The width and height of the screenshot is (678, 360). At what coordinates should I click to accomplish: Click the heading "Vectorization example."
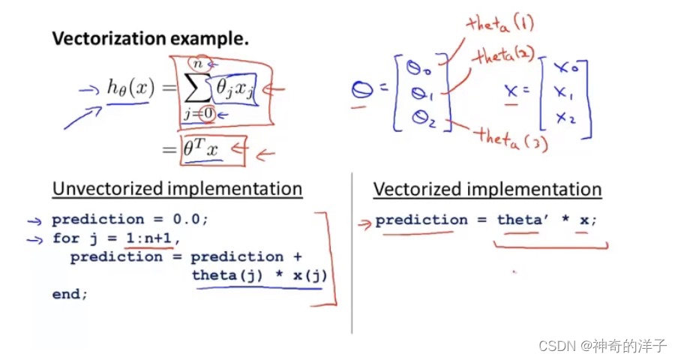(149, 39)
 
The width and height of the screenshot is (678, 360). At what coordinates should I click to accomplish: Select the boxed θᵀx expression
(202, 150)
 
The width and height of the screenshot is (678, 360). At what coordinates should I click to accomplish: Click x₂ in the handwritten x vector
(563, 118)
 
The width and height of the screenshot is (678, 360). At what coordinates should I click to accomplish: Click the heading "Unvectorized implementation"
(177, 189)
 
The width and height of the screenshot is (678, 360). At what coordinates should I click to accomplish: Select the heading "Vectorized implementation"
(487, 190)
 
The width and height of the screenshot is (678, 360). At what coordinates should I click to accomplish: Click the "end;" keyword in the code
(70, 295)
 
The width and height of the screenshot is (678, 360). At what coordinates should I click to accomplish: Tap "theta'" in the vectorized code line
(521, 220)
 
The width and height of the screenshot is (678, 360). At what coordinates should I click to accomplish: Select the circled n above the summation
(198, 65)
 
